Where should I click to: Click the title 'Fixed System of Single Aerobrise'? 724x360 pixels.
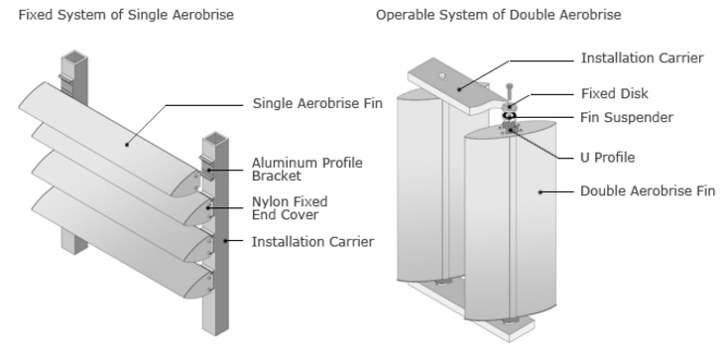tap(126, 15)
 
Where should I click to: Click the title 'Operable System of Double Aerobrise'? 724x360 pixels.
tap(498, 15)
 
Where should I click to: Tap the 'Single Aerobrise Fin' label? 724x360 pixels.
tap(317, 103)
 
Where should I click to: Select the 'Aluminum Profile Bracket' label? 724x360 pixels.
tap(307, 170)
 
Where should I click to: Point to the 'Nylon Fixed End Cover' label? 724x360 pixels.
tap(290, 208)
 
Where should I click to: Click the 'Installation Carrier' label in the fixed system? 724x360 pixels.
tap(312, 242)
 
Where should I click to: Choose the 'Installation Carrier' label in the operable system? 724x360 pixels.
tap(642, 59)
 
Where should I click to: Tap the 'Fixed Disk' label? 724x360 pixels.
tap(615, 93)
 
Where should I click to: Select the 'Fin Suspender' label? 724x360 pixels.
tap(627, 118)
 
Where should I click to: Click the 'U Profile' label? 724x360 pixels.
tap(607, 158)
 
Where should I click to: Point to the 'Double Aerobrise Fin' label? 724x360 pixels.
tap(648, 191)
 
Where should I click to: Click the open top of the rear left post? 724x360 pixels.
tap(74, 57)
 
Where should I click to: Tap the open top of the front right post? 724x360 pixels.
tap(215, 138)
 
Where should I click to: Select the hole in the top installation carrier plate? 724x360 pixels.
tap(441, 76)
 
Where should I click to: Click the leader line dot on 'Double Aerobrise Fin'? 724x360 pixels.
tap(541, 192)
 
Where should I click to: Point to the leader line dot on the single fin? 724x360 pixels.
tap(127, 145)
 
